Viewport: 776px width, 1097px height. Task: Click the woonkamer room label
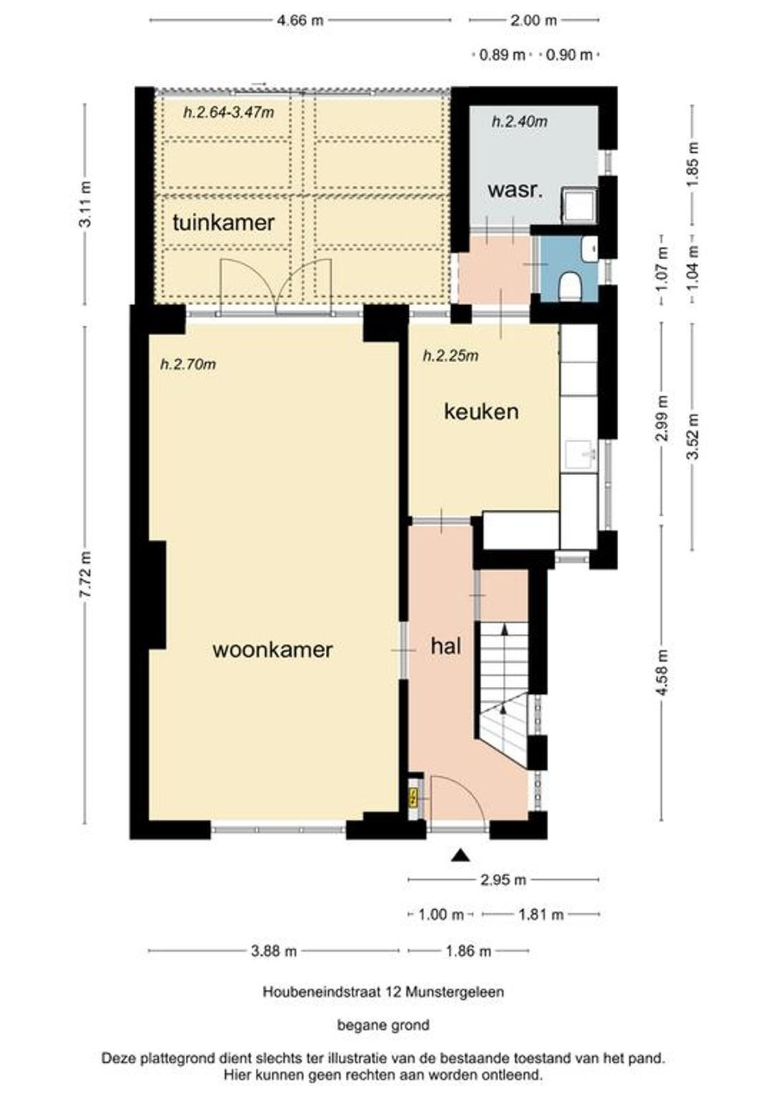[272, 650]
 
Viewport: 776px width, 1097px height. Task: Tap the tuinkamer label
[223, 223]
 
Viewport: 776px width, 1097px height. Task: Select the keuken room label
[481, 411]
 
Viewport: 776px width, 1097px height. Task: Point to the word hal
[445, 647]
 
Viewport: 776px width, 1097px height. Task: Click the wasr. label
[515, 190]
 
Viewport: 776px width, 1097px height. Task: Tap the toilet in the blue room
[569, 285]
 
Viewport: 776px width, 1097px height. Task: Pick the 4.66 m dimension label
[301, 21]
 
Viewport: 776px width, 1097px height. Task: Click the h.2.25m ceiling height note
[451, 356]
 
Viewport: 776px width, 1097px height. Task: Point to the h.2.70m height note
[188, 364]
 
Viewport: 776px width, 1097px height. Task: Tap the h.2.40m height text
[519, 121]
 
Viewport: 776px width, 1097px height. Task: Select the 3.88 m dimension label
[274, 951]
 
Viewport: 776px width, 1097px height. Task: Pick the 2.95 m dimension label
[502, 880]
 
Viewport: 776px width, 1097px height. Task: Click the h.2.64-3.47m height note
[228, 112]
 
